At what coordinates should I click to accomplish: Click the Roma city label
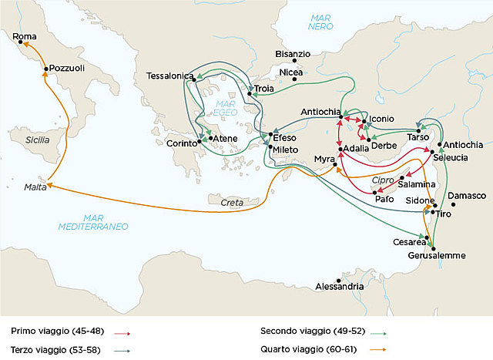point(25,37)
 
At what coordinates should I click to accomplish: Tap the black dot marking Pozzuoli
point(47,69)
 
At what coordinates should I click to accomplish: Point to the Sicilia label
point(36,140)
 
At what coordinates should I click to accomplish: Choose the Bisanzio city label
point(293,55)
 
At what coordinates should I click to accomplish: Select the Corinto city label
point(181,143)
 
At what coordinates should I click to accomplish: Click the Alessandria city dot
point(338,280)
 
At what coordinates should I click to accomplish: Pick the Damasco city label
point(467,196)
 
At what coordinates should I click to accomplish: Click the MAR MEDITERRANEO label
point(93,220)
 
